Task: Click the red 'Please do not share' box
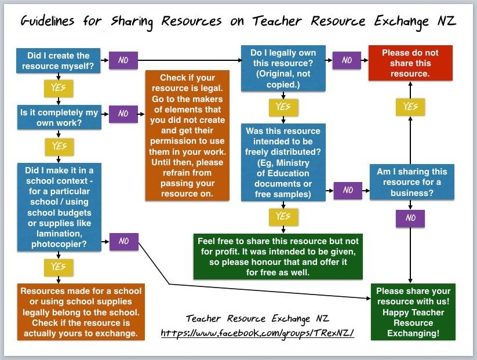tap(410, 63)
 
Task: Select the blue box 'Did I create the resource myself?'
tap(59, 61)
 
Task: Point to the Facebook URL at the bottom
tap(257, 334)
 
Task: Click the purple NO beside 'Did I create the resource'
tap(123, 60)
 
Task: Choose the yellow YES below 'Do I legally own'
tap(283, 107)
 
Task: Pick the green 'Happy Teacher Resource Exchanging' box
tap(413, 312)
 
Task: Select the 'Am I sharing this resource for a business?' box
tap(412, 182)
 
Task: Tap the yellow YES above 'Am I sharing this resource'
tap(410, 107)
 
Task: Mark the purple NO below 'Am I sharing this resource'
tap(410, 219)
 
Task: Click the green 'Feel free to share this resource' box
tap(278, 256)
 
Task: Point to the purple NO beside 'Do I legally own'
tap(347, 60)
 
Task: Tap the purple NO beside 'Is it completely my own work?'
tap(123, 114)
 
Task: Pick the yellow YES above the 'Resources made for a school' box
tap(59, 267)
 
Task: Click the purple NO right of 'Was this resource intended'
tap(348, 190)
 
